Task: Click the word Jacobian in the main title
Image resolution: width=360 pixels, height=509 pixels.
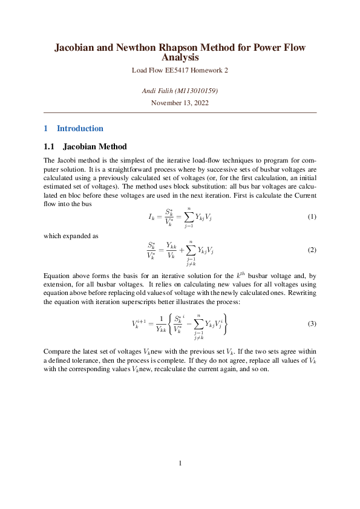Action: pos(76,47)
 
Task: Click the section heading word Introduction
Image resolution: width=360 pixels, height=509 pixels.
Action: pos(80,128)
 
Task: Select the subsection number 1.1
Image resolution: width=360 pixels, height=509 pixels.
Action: pos(50,146)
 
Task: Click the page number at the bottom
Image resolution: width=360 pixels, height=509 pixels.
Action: pos(180,464)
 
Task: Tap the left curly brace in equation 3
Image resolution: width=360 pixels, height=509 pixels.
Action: pos(171,323)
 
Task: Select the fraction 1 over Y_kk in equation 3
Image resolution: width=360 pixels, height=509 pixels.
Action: pos(160,324)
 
